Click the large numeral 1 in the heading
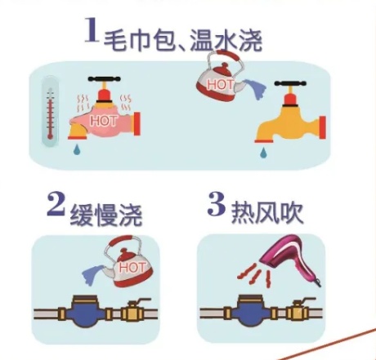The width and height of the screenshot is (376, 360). tap(92, 29)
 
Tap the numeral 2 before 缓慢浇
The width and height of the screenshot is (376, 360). tap(56, 204)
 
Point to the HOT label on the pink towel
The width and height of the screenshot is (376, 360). tap(104, 121)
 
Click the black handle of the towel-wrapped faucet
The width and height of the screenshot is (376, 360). tap(104, 79)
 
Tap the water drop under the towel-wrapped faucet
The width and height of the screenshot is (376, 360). tap(78, 149)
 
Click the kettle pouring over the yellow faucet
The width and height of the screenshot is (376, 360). tap(220, 76)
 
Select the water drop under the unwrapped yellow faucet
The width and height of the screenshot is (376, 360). tap(263, 153)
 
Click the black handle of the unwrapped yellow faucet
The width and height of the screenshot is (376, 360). tap(290, 83)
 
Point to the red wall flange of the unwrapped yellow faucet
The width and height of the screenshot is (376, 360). tap(323, 127)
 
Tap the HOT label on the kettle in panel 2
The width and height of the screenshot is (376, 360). tap(132, 267)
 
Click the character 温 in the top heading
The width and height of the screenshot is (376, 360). tap(201, 40)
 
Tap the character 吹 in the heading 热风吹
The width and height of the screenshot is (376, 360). tap(292, 212)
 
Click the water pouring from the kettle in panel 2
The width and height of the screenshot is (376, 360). tap(92, 275)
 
